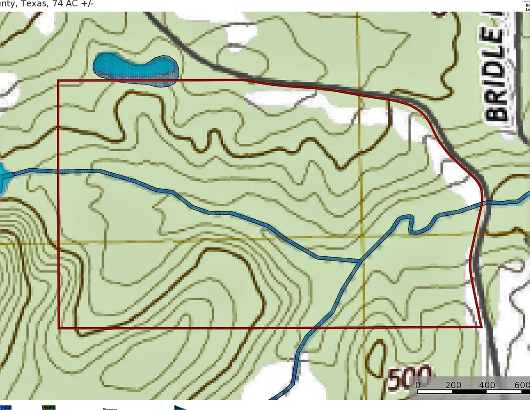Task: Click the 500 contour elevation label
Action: coord(409,378)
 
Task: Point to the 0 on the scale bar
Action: coord(418,385)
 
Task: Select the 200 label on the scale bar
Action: coord(453,385)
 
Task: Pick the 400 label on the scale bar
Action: coord(487,385)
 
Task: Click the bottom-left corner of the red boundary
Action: coord(58,328)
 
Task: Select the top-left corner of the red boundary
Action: coord(58,81)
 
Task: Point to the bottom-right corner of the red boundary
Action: coord(482,327)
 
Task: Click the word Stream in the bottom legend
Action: coord(110,409)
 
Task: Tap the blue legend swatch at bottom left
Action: coord(6,408)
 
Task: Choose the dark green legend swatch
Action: coord(49,408)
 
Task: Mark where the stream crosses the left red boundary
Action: coord(58,172)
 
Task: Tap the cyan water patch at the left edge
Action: coord(3,177)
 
